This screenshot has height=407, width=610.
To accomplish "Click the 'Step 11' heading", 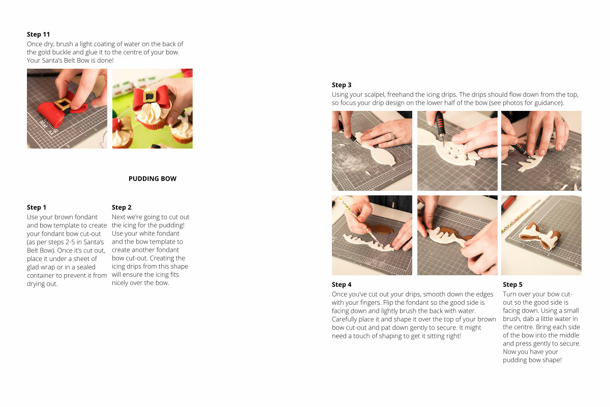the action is pyautogui.click(x=38, y=35).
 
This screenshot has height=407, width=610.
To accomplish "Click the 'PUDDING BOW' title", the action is pyautogui.click(x=152, y=179).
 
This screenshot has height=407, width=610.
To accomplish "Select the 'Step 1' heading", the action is pyautogui.click(x=36, y=207).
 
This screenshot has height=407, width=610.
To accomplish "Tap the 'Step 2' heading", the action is pyautogui.click(x=121, y=207).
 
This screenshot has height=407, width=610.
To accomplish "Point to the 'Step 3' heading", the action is pyautogui.click(x=342, y=85).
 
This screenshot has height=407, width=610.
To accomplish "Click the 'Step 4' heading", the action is pyautogui.click(x=342, y=284).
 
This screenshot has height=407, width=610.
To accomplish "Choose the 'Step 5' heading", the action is pyautogui.click(x=512, y=284).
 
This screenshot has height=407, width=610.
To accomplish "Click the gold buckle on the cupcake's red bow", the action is pyautogui.click(x=149, y=96).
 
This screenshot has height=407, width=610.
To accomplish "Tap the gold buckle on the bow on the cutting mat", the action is pyautogui.click(x=63, y=104).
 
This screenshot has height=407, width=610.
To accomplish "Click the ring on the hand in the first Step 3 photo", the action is pyautogui.click(x=392, y=136).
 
